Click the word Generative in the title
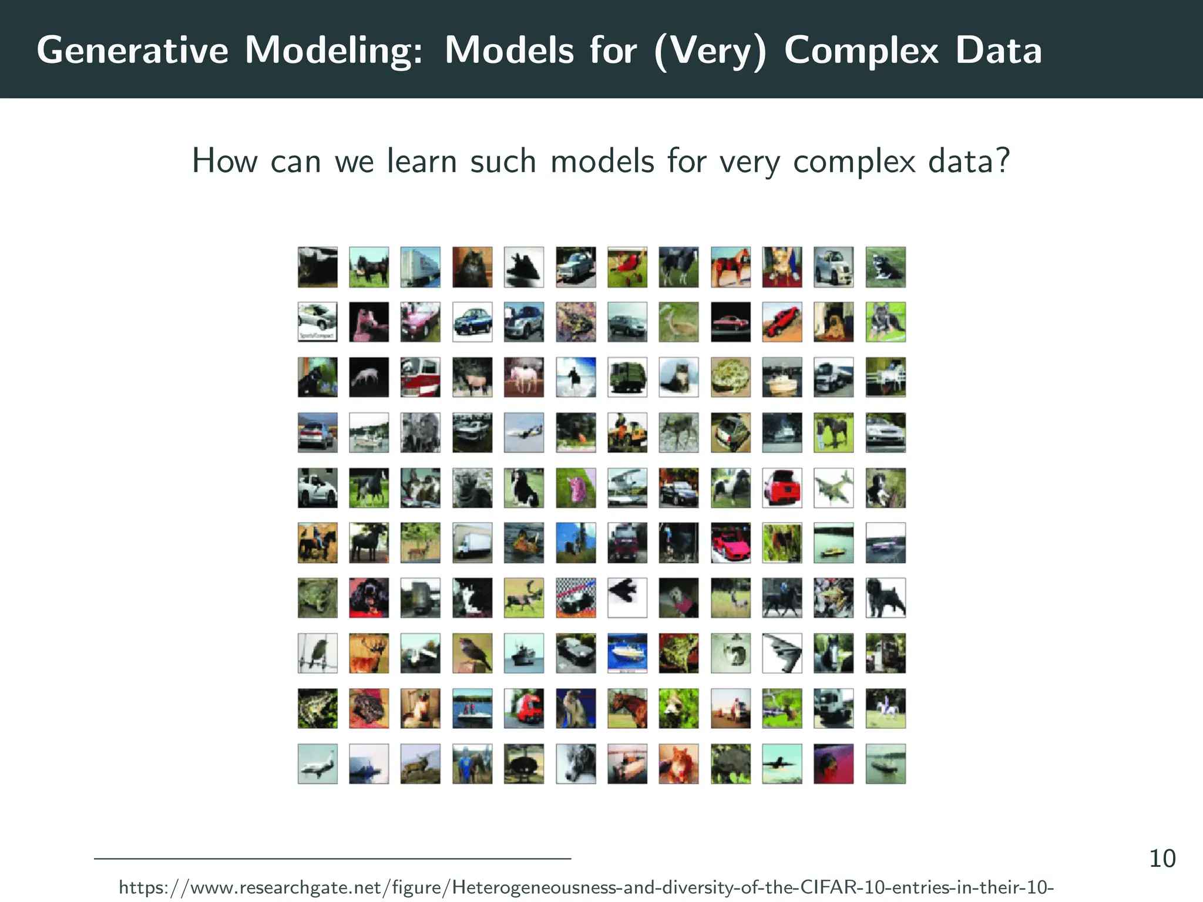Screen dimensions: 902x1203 (132, 51)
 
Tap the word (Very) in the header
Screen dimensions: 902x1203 (710, 51)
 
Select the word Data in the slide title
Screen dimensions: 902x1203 (998, 51)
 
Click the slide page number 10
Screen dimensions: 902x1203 (1162, 859)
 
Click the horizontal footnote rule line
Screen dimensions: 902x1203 (332, 859)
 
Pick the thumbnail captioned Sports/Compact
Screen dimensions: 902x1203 (317, 322)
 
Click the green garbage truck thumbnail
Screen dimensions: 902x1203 (627, 377)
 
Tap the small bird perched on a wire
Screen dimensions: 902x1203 (317, 653)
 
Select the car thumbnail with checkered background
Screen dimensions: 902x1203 (576, 598)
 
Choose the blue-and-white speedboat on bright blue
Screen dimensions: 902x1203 (627, 653)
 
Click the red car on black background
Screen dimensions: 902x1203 (731, 322)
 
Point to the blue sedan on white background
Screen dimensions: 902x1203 (472, 322)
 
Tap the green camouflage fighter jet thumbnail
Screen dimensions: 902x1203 (834, 487)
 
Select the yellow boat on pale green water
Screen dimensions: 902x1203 (834, 543)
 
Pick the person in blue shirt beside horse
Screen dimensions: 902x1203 (472, 764)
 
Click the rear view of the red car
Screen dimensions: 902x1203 (782, 487)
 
